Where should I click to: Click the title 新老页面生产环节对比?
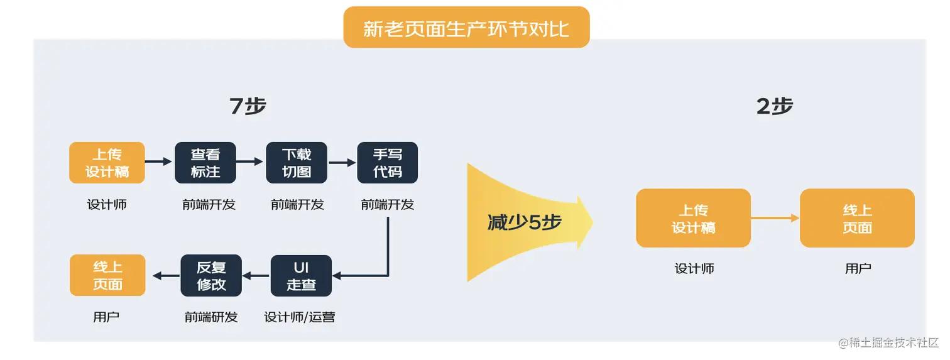tap(466, 28)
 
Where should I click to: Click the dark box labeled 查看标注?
tap(205, 163)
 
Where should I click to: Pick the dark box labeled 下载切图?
tap(297, 163)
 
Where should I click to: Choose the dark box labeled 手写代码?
tap(388, 163)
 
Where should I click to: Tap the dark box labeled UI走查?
tap(301, 276)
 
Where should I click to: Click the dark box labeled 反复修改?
tap(211, 276)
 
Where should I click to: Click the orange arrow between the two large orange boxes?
tap(775, 218)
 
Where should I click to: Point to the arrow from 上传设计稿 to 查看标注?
tap(159, 162)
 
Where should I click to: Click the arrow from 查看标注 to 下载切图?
tap(250, 162)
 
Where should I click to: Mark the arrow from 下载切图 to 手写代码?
tap(342, 162)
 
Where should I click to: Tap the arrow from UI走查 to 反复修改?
tap(256, 276)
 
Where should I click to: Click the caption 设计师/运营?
tap(300, 317)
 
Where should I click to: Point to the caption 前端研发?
tap(211, 317)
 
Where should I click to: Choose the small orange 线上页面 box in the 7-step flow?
tap(107, 276)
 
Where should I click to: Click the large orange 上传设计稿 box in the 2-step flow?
tap(693, 218)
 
